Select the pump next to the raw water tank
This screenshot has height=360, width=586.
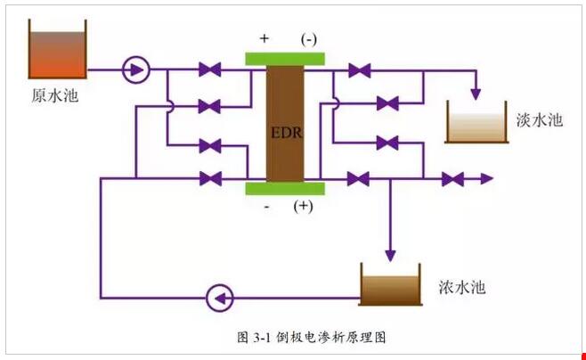click(135, 68)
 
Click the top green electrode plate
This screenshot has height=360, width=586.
click(285, 59)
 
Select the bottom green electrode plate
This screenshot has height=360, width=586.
click(285, 187)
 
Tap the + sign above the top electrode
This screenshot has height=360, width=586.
click(265, 40)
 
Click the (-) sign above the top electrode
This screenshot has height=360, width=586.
click(308, 40)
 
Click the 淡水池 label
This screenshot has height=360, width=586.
click(539, 119)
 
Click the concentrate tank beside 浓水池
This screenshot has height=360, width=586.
click(389, 284)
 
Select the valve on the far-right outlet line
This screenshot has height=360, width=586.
click(452, 179)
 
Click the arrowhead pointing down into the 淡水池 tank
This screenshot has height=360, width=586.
click(477, 94)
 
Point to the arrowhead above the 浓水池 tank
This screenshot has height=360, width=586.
click(389, 254)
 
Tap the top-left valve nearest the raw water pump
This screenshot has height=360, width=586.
click(210, 69)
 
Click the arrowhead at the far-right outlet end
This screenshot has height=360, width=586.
click(486, 179)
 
